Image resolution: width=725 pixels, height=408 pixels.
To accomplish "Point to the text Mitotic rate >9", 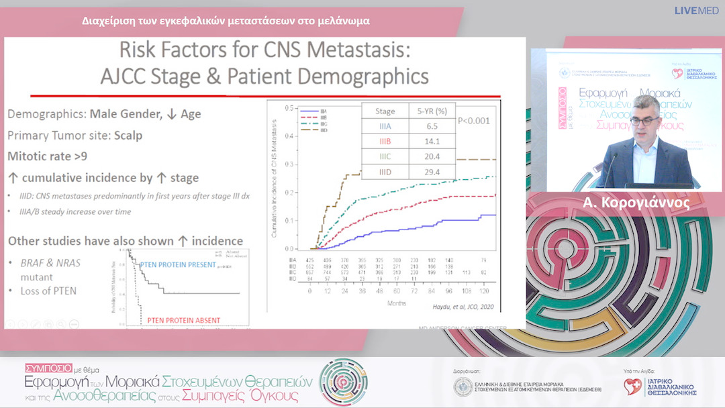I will pyautogui.click(x=47, y=156).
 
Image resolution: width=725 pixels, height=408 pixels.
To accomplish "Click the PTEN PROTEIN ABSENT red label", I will pyautogui.click(x=179, y=319).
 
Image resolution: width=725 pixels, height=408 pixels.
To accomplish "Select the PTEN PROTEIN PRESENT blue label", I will pyautogui.click(x=177, y=264).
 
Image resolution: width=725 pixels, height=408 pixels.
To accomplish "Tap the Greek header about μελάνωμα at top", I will pyautogui.click(x=226, y=21).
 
